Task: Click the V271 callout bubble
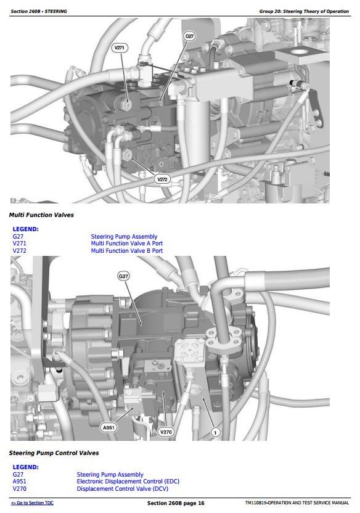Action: pos(120,47)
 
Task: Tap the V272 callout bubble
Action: pos(162,179)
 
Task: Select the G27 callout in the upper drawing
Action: pos(190,36)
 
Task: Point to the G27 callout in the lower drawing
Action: pos(123,276)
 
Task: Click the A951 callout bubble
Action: pos(108,428)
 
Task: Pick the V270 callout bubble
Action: pos(166,432)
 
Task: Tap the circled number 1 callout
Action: pos(215,433)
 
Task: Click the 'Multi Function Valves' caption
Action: pos(41,215)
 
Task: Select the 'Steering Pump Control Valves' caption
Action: pos(54,453)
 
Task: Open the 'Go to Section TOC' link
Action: pos(32,503)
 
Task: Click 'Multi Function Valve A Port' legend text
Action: pos(126,244)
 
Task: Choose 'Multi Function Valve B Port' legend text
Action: pos(126,250)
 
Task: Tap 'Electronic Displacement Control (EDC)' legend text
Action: pos(128,482)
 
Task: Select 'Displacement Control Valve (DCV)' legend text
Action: pos(122,488)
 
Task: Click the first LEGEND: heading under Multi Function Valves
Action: pos(25,229)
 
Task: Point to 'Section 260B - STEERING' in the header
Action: pos(39,11)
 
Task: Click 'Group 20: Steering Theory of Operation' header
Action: pos(304,11)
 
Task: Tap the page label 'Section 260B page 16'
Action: pos(176,503)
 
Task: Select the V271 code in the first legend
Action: pos(19,244)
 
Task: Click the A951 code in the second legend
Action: pos(19,482)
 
